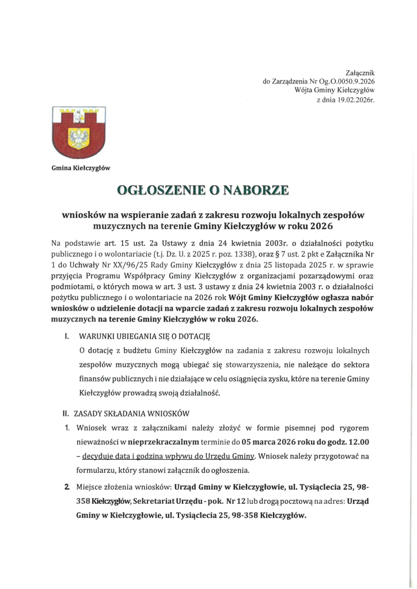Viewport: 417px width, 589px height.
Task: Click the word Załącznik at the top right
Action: click(x=360, y=73)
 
